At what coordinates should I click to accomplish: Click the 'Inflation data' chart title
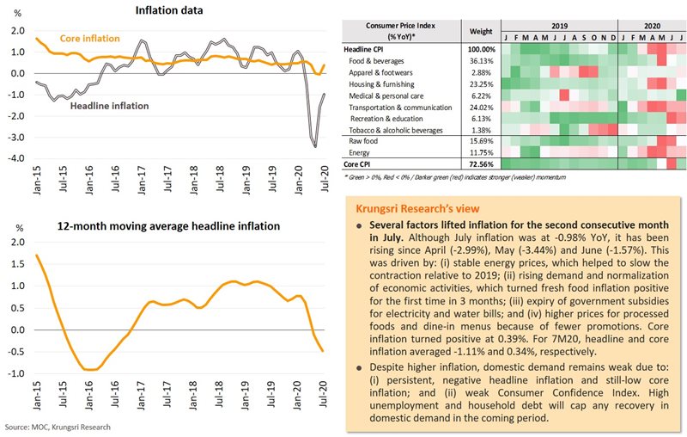[x=167, y=10]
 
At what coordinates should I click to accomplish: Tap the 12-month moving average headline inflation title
[x=168, y=226]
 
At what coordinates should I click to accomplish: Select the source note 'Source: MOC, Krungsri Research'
[x=56, y=427]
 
